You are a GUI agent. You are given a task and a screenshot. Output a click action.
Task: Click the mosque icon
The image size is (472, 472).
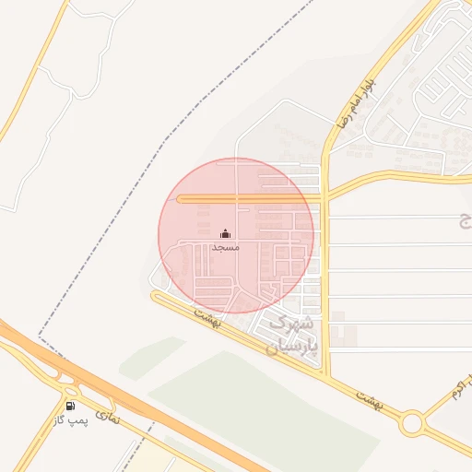tap(226, 234)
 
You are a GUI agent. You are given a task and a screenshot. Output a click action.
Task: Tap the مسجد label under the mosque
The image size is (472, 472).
tap(226, 248)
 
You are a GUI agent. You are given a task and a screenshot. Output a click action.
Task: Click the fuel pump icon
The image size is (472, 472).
tap(70, 406)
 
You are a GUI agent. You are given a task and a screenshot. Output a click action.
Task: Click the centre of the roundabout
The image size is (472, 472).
tap(411, 424)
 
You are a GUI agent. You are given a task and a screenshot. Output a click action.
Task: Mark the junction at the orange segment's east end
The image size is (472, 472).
tap(324, 198)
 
